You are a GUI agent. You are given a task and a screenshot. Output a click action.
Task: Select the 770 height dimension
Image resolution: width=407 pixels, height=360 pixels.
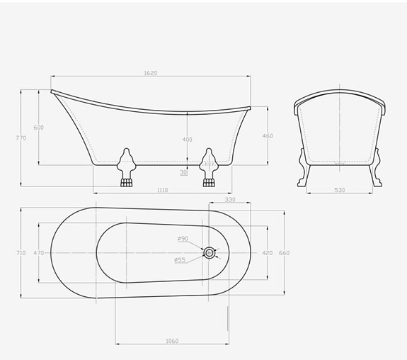point(21,138)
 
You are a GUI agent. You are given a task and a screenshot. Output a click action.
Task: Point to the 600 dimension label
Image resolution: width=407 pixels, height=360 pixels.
point(39,128)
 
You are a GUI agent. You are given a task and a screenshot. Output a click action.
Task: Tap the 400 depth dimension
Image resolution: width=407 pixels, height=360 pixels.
point(187,140)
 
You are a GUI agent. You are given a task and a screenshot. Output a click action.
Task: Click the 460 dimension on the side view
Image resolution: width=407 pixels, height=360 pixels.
point(268,135)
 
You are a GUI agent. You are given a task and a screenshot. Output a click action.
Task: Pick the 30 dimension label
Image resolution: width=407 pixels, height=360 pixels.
point(184,172)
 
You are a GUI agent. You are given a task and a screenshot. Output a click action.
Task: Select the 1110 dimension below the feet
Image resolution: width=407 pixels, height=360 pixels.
point(162,191)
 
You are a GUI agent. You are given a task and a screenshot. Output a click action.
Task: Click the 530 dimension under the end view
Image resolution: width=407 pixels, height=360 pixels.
point(339,191)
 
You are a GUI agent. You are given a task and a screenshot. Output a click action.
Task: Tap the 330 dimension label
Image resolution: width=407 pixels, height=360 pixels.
point(230,201)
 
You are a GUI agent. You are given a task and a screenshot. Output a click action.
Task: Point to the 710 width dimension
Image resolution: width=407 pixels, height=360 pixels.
point(21,252)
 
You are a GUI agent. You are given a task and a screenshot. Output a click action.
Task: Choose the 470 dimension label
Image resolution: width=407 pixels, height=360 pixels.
point(39,252)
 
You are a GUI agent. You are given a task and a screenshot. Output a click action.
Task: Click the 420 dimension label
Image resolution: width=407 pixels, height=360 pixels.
point(267,252)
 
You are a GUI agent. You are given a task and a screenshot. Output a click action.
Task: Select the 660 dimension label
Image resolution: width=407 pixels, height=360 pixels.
point(284,252)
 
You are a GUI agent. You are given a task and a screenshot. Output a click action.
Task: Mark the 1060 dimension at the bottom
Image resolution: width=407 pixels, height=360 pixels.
point(171,341)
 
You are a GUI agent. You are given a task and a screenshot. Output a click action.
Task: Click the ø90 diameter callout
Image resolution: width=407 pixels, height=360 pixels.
point(183,238)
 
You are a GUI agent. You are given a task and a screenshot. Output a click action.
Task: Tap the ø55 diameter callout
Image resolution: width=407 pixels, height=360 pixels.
point(180,260)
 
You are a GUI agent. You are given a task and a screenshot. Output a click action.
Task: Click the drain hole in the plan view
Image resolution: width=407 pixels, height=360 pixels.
point(210,252)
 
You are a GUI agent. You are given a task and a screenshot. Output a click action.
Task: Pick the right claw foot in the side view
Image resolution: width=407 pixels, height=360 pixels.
point(209,169)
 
